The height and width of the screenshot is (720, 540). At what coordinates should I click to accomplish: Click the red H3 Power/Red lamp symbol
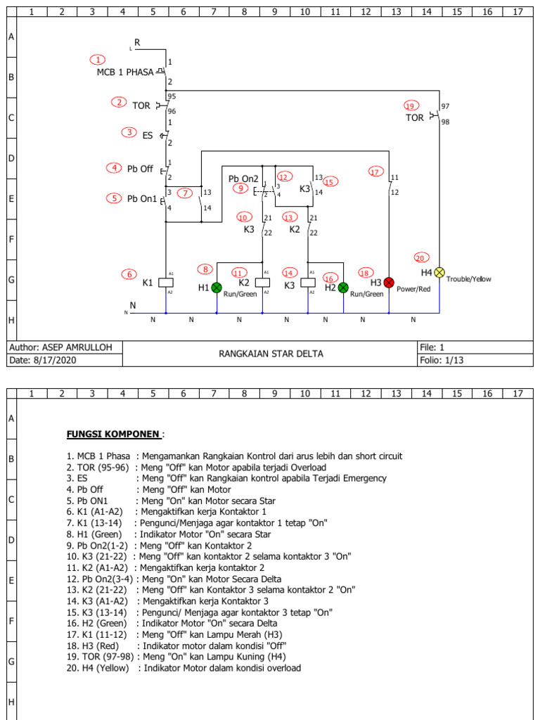pos(389,282)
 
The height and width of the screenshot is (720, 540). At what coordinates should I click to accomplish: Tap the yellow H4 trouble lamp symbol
pos(439,272)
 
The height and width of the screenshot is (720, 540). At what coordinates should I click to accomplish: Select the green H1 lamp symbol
pos(217,287)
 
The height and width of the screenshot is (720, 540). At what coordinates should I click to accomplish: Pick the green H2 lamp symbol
pos(343,287)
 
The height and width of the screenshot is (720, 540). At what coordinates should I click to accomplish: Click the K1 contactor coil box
pos(165,282)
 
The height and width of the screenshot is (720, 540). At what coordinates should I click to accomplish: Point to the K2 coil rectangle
pos(262,282)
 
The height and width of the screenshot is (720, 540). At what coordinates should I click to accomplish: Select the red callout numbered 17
pos(375,171)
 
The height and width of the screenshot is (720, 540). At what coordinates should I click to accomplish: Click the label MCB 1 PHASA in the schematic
pos(124,72)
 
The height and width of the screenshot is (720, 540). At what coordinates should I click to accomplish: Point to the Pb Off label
pos(140,169)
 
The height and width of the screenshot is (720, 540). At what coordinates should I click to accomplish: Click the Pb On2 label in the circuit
pos(243,179)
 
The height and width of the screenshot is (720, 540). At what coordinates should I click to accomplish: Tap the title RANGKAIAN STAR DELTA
pos(271,354)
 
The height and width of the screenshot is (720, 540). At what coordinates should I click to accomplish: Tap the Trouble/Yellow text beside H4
pos(469,279)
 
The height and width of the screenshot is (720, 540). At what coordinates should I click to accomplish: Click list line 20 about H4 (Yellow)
pos(184,668)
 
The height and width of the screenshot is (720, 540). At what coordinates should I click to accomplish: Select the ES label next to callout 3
pos(148,135)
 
